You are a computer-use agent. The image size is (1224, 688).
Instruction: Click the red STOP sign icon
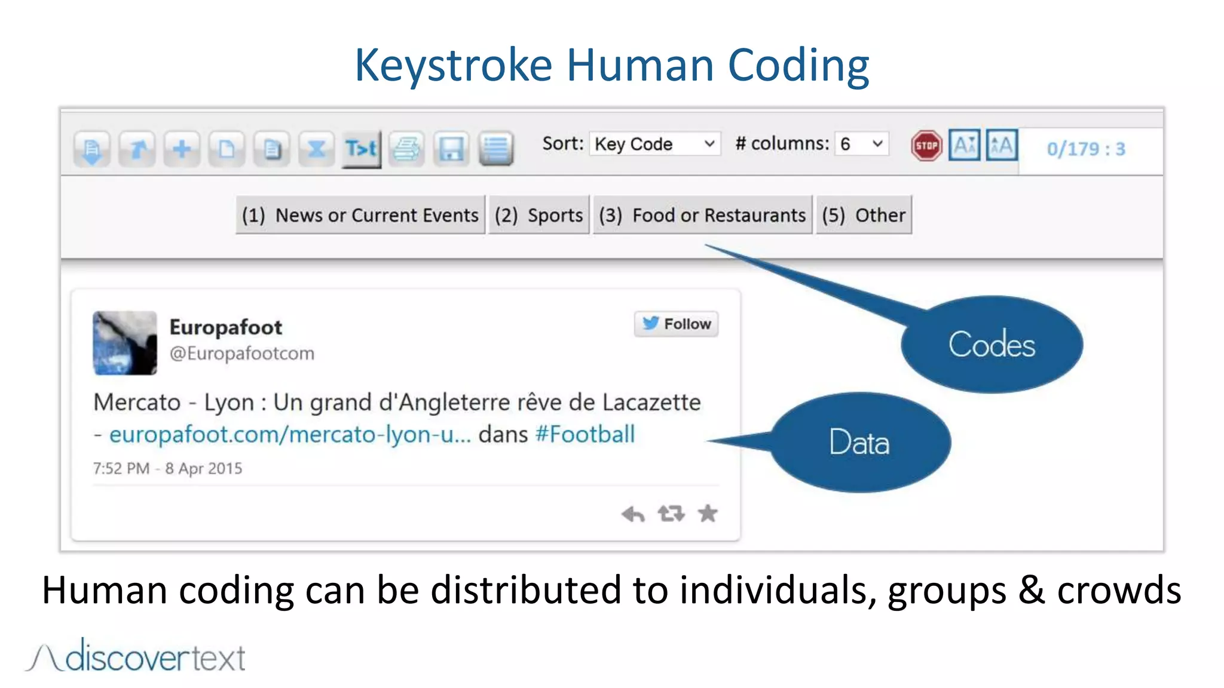(926, 146)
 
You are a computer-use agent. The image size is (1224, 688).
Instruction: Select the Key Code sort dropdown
(654, 144)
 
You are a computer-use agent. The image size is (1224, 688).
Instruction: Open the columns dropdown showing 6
(861, 144)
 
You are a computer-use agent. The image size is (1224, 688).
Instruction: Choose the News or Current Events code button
(360, 215)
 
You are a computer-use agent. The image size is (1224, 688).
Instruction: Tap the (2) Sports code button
(538, 215)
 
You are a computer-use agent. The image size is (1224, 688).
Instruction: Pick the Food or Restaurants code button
(702, 215)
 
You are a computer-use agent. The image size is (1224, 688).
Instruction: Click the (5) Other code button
(864, 215)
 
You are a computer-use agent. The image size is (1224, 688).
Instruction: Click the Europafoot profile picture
(125, 343)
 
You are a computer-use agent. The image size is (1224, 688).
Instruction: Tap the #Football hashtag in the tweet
(585, 434)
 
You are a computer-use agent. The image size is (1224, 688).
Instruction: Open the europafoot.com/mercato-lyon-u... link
(290, 434)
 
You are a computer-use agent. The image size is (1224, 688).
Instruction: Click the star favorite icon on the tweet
(708, 514)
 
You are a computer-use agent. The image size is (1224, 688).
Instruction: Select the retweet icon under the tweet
(671, 514)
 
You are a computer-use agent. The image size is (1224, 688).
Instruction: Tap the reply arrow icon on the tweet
(633, 514)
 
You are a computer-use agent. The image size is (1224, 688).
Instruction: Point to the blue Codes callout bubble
(992, 345)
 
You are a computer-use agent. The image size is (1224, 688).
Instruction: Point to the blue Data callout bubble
(859, 443)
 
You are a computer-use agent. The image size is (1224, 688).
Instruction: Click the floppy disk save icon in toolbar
(451, 148)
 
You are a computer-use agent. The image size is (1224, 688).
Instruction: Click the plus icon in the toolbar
(182, 148)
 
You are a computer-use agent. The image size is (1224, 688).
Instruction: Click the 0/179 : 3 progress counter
(1085, 149)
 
